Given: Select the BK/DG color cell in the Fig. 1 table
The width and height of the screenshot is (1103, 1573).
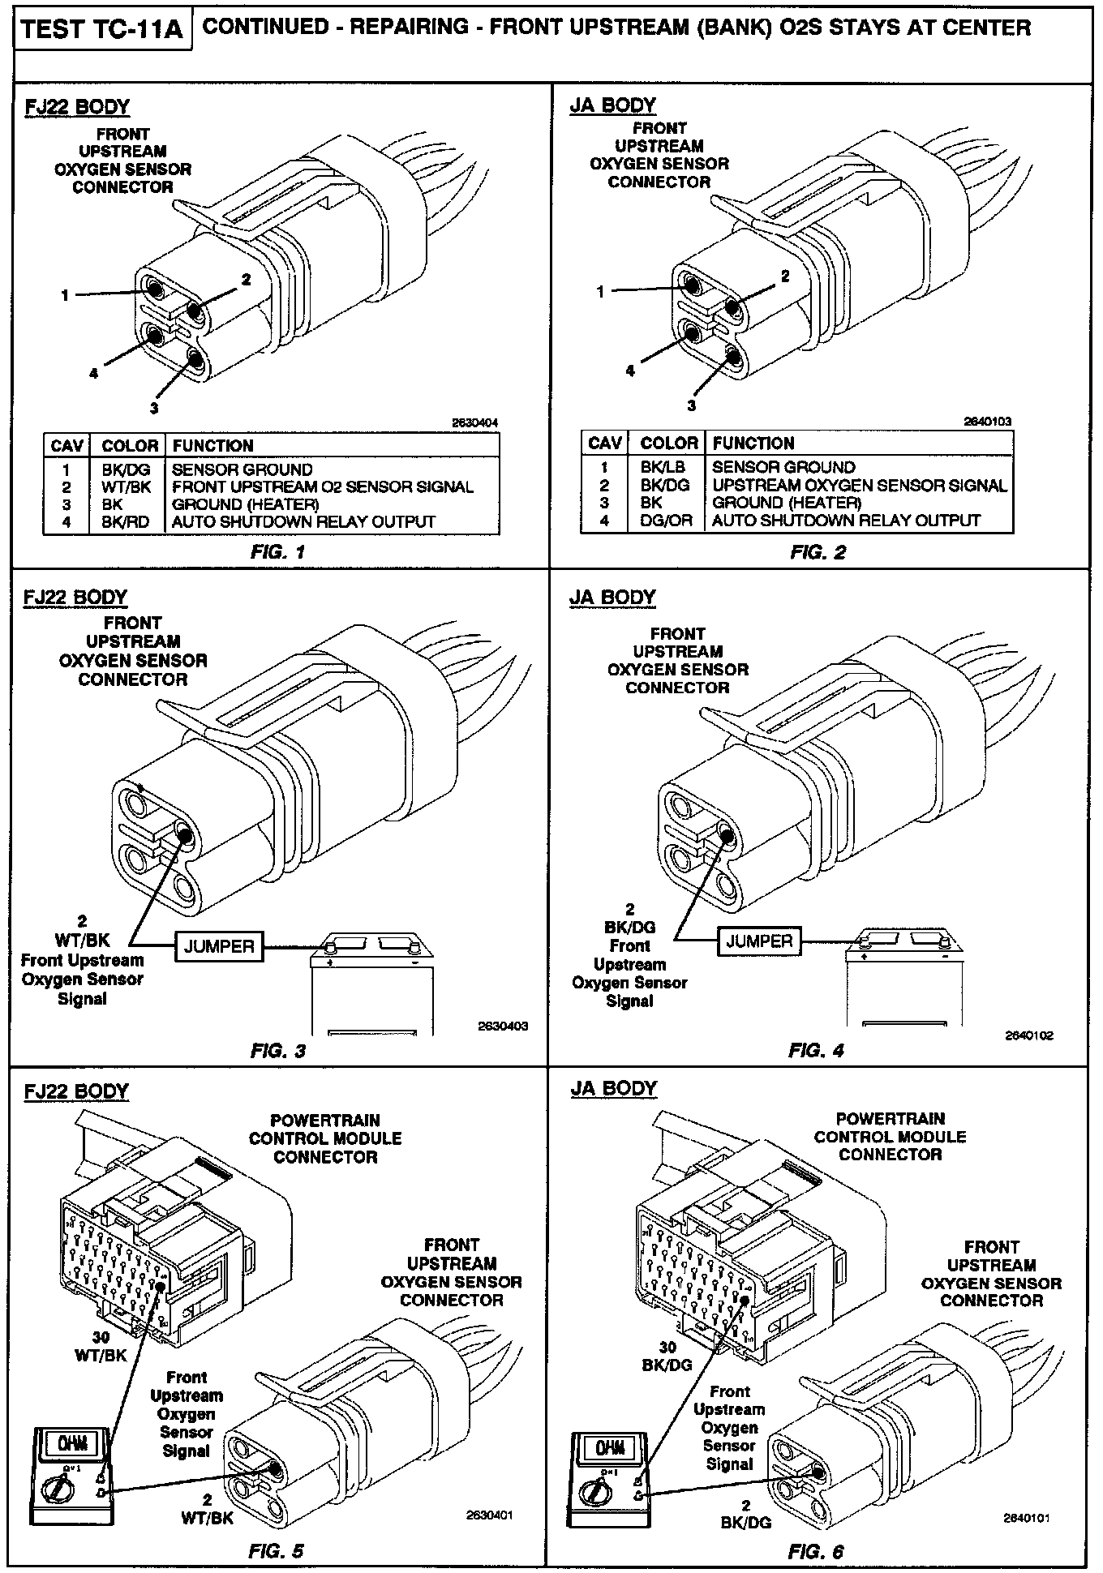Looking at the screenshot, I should pos(124,469).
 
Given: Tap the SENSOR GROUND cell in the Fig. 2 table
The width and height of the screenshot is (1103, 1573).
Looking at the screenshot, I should pos(783,467).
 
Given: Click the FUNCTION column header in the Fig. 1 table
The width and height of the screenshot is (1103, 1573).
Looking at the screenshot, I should pos(212,446).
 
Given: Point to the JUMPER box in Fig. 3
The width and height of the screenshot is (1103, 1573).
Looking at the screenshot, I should pos(219,946).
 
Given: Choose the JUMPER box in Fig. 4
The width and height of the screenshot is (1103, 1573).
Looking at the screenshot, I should pos(759,941).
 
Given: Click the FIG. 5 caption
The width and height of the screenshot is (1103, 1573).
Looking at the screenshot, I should pos(276,1551).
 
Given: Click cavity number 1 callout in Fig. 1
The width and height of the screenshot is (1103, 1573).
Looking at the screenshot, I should pos(65,296).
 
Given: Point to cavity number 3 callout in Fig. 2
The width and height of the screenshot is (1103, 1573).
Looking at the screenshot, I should pos(691,405).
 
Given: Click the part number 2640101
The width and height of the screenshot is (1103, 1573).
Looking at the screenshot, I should pos(1027,1518).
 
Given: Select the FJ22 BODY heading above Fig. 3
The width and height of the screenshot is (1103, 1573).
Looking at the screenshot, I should pos(75,598).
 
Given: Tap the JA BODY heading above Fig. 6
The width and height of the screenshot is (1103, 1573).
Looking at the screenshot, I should pos(613,1088).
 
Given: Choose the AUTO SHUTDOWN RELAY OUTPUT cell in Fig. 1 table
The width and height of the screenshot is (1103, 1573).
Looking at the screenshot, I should pos(303,522).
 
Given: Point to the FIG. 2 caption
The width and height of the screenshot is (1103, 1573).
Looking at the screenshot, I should pos(818,552).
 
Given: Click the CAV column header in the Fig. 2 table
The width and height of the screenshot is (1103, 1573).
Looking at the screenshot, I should pos(604,444).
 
